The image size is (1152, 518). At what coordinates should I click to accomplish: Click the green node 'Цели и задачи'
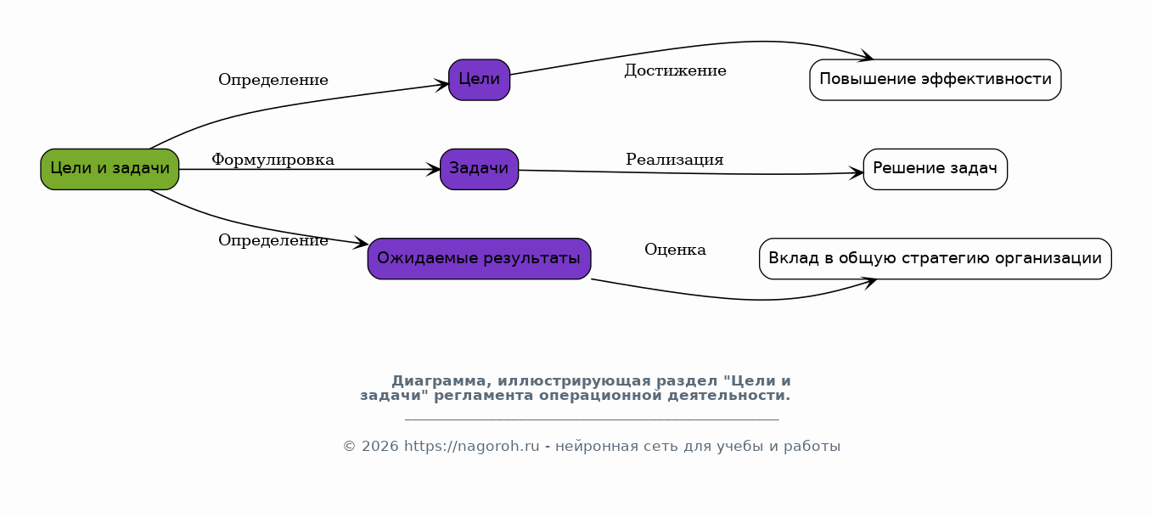click(x=110, y=169)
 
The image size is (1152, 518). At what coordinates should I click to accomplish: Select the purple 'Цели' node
click(x=480, y=80)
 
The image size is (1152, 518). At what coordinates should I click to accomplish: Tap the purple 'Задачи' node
click(x=480, y=169)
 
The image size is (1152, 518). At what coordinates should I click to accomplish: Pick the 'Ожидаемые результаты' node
click(x=480, y=259)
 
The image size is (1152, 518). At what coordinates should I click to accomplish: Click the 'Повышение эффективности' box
click(x=936, y=80)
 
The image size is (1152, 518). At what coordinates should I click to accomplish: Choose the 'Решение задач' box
click(x=936, y=169)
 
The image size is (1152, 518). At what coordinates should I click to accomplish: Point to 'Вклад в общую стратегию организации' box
click(x=936, y=259)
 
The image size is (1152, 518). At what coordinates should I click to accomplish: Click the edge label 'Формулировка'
click(x=273, y=160)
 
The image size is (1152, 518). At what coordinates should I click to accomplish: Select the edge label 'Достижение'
click(x=675, y=70)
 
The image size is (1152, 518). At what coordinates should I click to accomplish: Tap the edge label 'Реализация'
click(x=675, y=160)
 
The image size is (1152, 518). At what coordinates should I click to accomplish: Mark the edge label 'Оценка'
click(x=675, y=250)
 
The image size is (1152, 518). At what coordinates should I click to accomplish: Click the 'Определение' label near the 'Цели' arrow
click(x=273, y=80)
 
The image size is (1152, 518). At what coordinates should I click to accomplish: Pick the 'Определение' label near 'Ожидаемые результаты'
click(x=273, y=240)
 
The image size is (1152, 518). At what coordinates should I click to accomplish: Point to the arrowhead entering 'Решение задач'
click(x=857, y=173)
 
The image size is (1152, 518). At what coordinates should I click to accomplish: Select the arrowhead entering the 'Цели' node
click(x=441, y=85)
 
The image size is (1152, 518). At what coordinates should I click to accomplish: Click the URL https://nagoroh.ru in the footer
click(x=472, y=447)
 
